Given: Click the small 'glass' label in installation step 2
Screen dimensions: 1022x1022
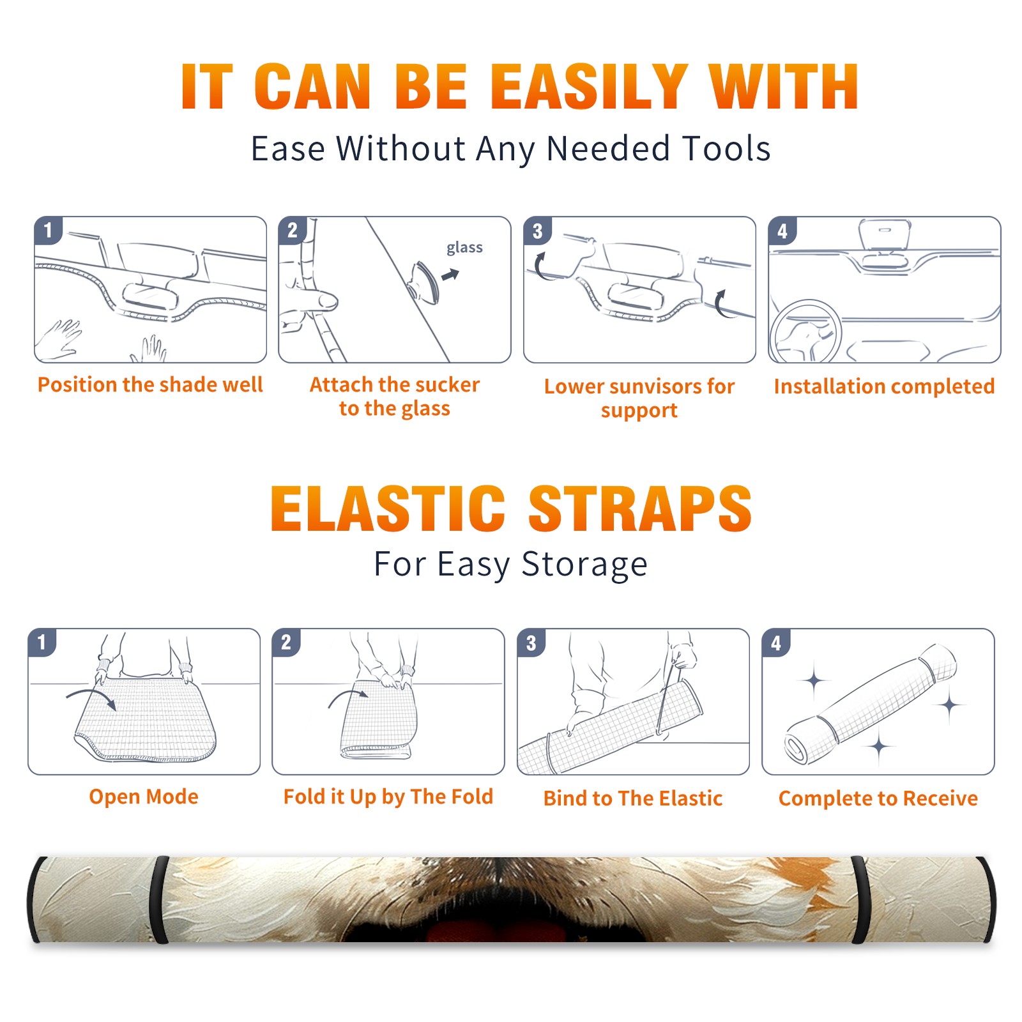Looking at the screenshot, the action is [464, 248].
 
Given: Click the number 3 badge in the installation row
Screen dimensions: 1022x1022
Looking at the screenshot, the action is [538, 231].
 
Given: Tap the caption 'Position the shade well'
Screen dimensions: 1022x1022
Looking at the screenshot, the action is [150, 385].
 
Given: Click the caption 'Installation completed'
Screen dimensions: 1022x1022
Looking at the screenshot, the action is [884, 386].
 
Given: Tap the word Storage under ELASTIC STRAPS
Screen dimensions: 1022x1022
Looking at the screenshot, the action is [584, 565].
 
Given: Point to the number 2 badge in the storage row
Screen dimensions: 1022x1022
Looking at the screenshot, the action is [286, 642].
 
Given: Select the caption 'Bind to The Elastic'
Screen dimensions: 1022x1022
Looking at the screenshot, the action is [632, 798].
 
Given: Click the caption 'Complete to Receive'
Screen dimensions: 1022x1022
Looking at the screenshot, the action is [878, 798].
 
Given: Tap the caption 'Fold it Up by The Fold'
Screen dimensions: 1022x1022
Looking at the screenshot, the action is [388, 797].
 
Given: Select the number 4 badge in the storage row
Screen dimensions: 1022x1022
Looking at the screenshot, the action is [776, 643].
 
